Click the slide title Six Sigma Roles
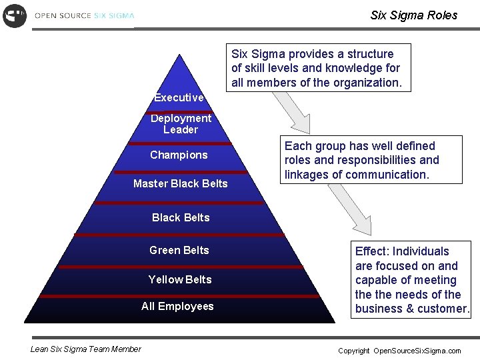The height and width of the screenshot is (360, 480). (x=413, y=15)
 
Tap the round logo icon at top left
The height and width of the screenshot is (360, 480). (x=15, y=15)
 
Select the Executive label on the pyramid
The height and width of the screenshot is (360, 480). (x=179, y=98)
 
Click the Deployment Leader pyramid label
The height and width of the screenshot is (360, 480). (x=181, y=124)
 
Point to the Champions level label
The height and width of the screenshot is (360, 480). (x=179, y=155)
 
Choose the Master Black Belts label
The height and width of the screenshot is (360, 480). (x=180, y=184)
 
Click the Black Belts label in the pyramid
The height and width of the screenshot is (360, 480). (x=181, y=218)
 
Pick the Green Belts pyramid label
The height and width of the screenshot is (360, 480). (x=179, y=251)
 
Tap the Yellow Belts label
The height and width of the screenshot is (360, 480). (x=180, y=280)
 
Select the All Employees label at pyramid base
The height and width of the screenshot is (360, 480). (x=177, y=307)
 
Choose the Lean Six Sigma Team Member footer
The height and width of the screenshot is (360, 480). (x=86, y=349)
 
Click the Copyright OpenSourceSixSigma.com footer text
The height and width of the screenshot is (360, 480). (x=399, y=351)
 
